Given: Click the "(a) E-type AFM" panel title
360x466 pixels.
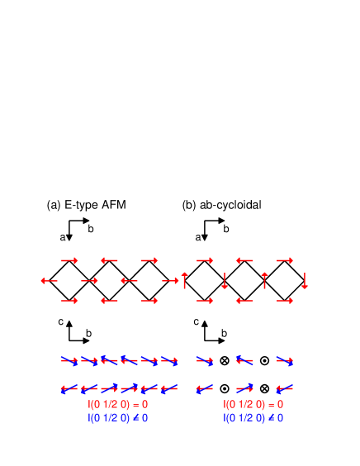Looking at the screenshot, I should [x=86, y=205].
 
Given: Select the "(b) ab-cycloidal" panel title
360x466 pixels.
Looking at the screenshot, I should [x=221, y=205].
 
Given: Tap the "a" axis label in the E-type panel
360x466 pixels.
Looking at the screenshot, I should [x=63, y=237].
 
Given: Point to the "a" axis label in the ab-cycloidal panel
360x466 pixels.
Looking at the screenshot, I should [x=198, y=237].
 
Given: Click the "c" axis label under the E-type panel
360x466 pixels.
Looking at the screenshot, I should [x=61, y=321].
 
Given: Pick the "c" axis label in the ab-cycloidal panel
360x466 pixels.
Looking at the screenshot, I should [x=196, y=321].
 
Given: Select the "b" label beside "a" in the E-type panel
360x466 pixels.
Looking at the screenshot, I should [x=91, y=228].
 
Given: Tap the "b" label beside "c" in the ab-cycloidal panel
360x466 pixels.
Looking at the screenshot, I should [x=225, y=333].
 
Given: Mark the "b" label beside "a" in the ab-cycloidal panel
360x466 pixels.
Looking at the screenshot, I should [x=226, y=228].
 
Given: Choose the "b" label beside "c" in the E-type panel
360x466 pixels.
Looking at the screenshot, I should [x=89, y=333].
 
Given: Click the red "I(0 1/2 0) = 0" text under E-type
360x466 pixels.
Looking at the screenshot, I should [x=118, y=405].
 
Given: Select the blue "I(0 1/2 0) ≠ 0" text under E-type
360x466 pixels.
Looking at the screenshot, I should [x=118, y=418].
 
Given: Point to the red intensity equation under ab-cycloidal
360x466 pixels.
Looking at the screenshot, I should [x=253, y=405].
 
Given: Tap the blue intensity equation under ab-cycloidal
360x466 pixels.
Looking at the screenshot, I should [x=253, y=418].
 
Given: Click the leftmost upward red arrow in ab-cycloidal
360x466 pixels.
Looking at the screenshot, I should [x=185, y=280].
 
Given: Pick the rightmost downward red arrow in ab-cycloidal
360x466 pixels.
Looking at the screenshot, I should [x=305, y=280].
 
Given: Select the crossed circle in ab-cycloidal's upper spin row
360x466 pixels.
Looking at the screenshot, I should [x=225, y=360].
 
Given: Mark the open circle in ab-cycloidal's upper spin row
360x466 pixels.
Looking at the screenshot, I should [x=264, y=360].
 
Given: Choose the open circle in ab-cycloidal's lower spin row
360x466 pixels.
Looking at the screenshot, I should [x=225, y=388].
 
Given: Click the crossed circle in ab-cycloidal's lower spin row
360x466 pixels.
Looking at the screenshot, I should [x=264, y=388].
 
